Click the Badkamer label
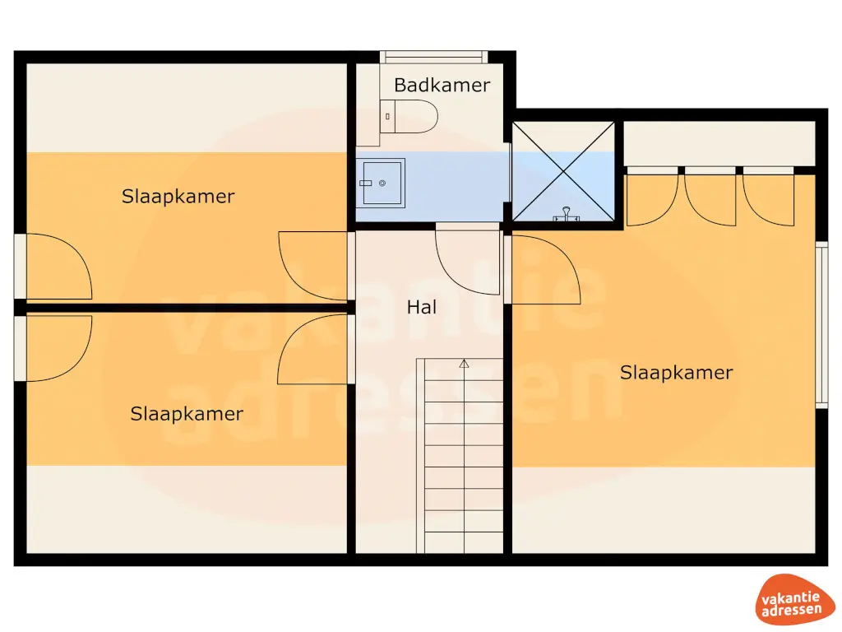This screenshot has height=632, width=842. (442, 85)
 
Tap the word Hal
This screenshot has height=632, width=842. (422, 307)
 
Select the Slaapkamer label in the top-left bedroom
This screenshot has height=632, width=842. (178, 197)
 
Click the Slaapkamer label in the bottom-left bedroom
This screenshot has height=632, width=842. (187, 414)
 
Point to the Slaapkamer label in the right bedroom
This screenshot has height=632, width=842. (676, 373)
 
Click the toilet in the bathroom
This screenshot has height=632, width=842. (409, 116)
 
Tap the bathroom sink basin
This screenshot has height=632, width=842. (382, 184)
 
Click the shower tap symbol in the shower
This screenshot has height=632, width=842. (566, 215)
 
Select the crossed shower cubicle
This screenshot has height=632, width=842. (563, 171)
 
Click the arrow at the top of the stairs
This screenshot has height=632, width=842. (464, 364)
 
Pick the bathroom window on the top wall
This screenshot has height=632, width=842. (433, 57)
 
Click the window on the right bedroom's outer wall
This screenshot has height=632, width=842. (821, 324)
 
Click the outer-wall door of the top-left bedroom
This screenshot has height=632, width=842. (53, 266)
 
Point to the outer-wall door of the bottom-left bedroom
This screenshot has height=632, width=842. (53, 348)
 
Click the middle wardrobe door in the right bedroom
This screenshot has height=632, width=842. (710, 196)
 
